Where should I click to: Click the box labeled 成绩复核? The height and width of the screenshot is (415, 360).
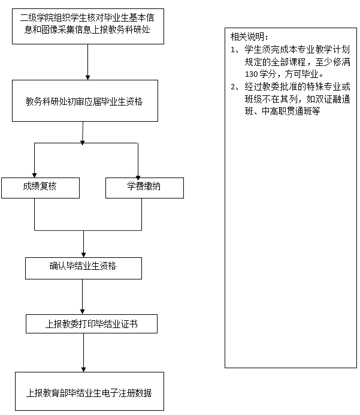point(41,188)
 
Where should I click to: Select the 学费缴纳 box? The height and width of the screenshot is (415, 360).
point(144,188)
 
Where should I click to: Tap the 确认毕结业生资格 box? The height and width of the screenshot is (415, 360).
point(83,268)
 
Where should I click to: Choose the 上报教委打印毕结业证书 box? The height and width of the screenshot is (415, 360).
point(92,324)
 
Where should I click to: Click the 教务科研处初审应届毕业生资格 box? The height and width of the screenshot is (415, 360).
point(85,101)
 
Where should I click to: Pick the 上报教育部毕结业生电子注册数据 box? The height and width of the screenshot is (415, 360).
point(89,392)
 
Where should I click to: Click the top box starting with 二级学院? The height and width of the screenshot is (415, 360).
point(87,26)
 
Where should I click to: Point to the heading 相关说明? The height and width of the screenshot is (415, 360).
point(249,37)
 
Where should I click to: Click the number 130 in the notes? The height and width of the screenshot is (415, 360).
point(251,74)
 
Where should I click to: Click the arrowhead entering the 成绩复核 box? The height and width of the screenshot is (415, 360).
point(34,176)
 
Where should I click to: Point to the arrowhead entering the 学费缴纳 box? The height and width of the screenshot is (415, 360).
point(138,178)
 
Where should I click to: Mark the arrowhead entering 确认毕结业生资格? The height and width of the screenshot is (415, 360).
point(83,255)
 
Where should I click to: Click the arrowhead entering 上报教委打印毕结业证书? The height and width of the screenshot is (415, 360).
point(83,312)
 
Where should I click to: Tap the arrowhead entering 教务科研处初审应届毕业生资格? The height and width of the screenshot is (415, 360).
point(87,77)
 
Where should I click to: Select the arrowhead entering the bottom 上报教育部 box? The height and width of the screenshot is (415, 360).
point(83,370)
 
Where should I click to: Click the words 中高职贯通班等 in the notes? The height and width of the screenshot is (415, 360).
point(291,111)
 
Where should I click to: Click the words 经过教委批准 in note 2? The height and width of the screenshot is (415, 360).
point(270,87)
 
